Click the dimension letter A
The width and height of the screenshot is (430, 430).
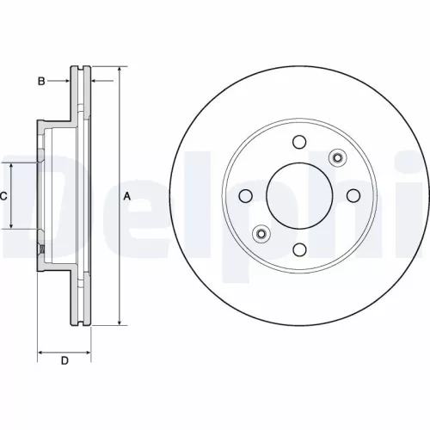coord(127,196)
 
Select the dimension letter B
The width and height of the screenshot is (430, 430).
coord(40,81)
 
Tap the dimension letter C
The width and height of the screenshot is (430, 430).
coord(3,196)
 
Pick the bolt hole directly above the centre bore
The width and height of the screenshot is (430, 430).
coord(298,142)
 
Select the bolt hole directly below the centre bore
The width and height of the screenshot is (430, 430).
coord(298,249)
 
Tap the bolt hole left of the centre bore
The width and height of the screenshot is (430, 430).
coord(245,196)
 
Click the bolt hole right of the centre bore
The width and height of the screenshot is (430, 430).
coord(353,195)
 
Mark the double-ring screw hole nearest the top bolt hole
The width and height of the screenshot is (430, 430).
coord(336,157)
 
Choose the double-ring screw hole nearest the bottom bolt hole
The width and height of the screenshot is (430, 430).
coord(261,233)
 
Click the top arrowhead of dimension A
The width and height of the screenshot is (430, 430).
coord(118,68)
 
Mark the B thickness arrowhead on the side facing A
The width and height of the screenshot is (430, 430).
coord(94,81)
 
